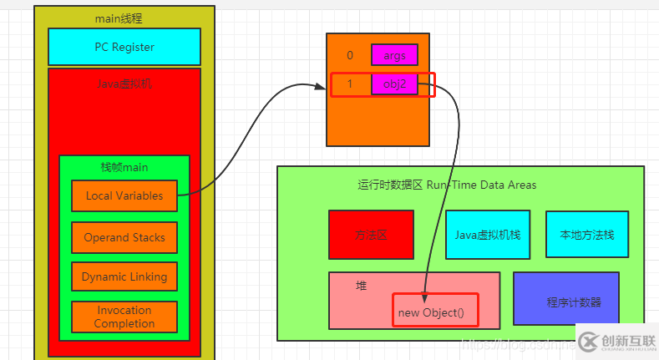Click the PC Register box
click(124, 47)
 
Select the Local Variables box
click(124, 195)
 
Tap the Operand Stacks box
click(124, 237)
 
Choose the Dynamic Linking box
click(124, 276)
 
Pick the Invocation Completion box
click(124, 317)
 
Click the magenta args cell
click(394, 55)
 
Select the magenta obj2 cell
click(394, 84)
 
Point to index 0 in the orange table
click(350, 55)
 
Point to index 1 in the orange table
click(350, 84)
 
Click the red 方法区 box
click(371, 235)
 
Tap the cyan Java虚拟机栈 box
click(488, 235)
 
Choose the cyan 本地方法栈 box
click(586, 235)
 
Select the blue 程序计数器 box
click(567, 299)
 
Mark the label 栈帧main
click(124, 167)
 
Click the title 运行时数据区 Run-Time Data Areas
click(447, 185)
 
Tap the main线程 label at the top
click(124, 18)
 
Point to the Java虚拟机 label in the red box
click(124, 84)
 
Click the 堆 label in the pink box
click(362, 286)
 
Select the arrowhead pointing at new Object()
click(424, 297)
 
